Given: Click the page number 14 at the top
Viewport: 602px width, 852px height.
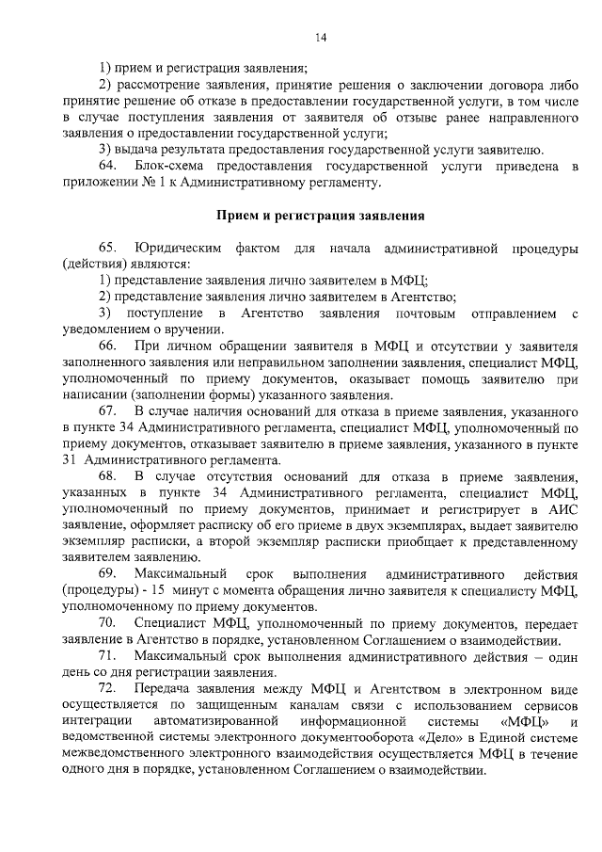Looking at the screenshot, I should coord(321,38).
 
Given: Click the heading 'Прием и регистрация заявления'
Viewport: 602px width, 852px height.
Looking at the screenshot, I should coord(321,216).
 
